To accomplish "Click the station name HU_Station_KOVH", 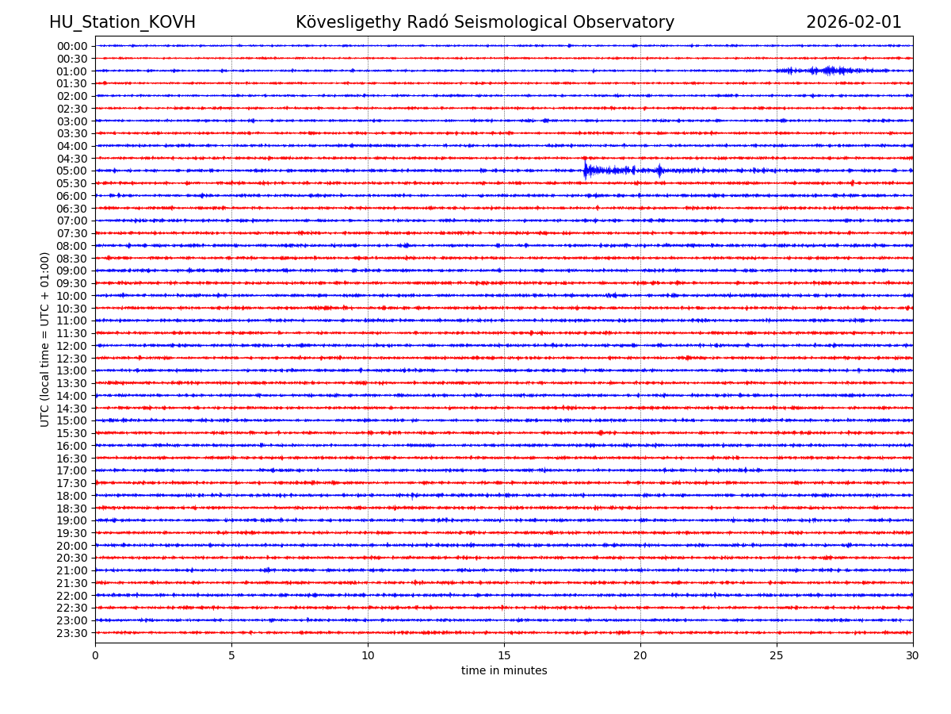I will click(122, 22).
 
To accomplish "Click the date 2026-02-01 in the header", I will click(854, 22).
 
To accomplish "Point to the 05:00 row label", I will click(72, 171).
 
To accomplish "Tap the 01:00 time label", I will click(72, 71).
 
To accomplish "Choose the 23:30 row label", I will click(72, 633).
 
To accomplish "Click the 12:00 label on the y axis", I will click(72, 346).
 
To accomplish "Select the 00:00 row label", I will click(72, 46).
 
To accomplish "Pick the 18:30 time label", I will click(72, 508).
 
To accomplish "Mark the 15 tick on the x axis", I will click(504, 656).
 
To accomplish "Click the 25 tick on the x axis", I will click(777, 656).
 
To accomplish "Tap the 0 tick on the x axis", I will click(95, 656).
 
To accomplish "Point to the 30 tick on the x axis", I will click(913, 656).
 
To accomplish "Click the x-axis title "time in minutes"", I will click(504, 671).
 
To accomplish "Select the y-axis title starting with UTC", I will click(45, 339).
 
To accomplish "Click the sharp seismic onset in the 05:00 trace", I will click(586, 170).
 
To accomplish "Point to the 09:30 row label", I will click(72, 283).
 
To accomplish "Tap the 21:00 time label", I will click(72, 570).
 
